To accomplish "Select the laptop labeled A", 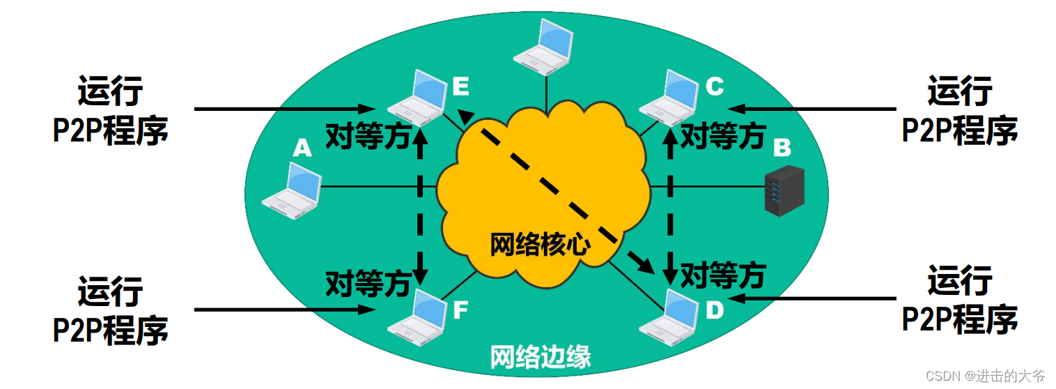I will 292,186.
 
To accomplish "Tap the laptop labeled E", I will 417,97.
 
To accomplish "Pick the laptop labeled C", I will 669,96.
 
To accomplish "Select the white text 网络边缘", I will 541,357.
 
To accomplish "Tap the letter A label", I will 301,148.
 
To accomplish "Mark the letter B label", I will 782,148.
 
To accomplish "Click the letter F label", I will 460,310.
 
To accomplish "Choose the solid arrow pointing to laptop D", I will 815,298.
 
